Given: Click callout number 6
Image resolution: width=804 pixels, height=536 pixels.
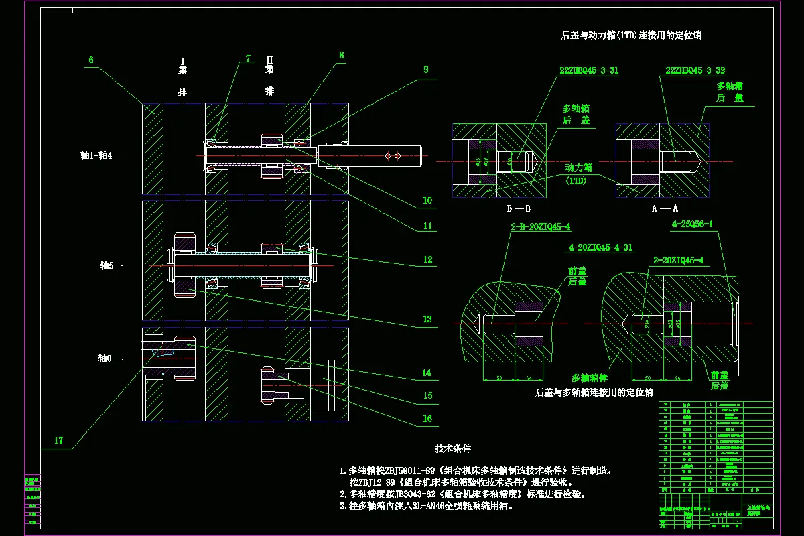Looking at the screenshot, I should pyautogui.click(x=91, y=60).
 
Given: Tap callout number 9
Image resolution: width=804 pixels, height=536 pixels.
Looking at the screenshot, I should pyautogui.click(x=424, y=69).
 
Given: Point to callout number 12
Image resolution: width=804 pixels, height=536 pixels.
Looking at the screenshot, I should pyautogui.click(x=427, y=259).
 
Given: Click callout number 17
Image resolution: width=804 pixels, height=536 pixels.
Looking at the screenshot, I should pyautogui.click(x=59, y=440).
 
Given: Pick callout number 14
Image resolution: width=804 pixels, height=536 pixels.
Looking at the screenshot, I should pyautogui.click(x=427, y=373).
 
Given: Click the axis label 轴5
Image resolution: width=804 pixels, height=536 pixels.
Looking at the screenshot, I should pyautogui.click(x=109, y=265).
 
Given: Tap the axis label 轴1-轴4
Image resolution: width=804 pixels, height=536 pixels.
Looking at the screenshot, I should pyautogui.click(x=98, y=155).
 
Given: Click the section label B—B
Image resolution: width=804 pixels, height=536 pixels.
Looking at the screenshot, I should pyautogui.click(x=519, y=208).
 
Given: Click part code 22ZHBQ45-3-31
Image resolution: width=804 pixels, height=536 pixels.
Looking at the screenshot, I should pyautogui.click(x=589, y=70).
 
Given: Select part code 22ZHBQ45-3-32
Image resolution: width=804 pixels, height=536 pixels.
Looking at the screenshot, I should pyautogui.click(x=695, y=70).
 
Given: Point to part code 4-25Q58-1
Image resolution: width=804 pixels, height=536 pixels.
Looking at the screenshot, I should pyautogui.click(x=692, y=224).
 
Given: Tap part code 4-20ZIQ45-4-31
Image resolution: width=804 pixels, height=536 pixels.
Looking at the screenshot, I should pyautogui.click(x=600, y=247).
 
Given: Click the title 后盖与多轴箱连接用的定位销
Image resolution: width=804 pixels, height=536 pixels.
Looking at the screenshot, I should pyautogui.click(x=594, y=392).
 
